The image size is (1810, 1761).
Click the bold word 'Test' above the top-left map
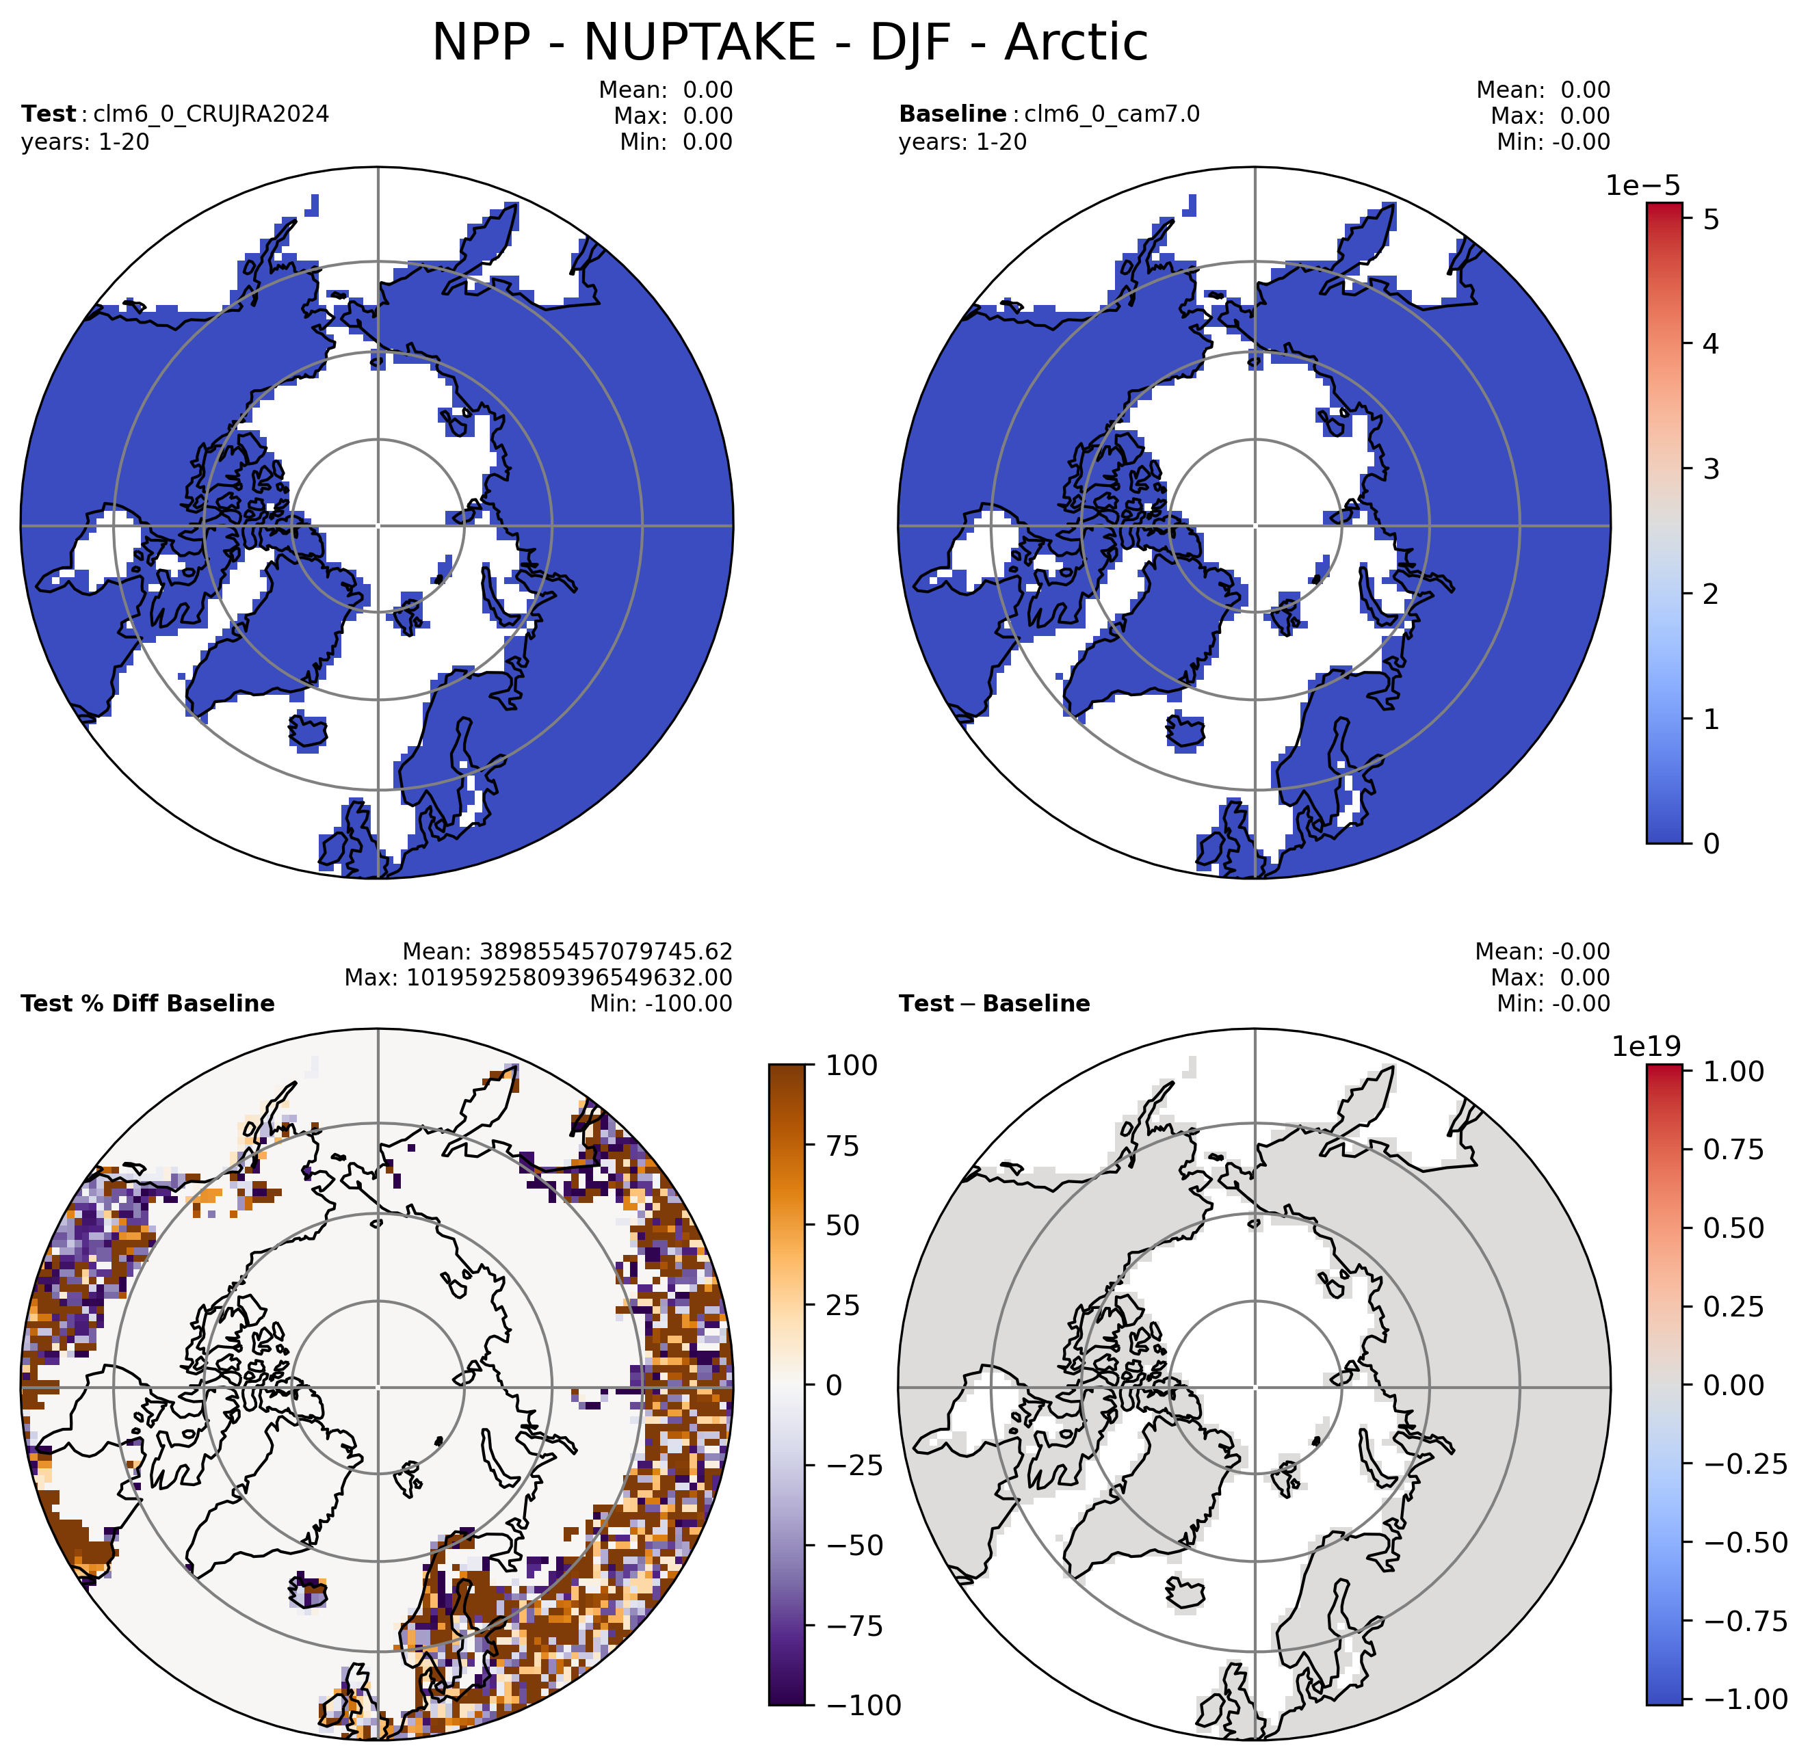pos(48,114)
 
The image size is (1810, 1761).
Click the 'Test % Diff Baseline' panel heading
pos(148,1003)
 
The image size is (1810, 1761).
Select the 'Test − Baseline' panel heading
pos(994,1003)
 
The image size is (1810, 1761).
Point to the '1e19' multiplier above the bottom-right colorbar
pos(1647,1046)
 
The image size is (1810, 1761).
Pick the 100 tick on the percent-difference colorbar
pos(852,1065)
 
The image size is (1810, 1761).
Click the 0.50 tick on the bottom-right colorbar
pos(1734,1228)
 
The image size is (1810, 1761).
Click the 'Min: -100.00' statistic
pos(661,1003)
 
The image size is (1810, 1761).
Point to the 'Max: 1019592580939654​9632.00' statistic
pos(538,978)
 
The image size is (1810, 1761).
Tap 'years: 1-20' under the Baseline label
pos(963,142)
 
